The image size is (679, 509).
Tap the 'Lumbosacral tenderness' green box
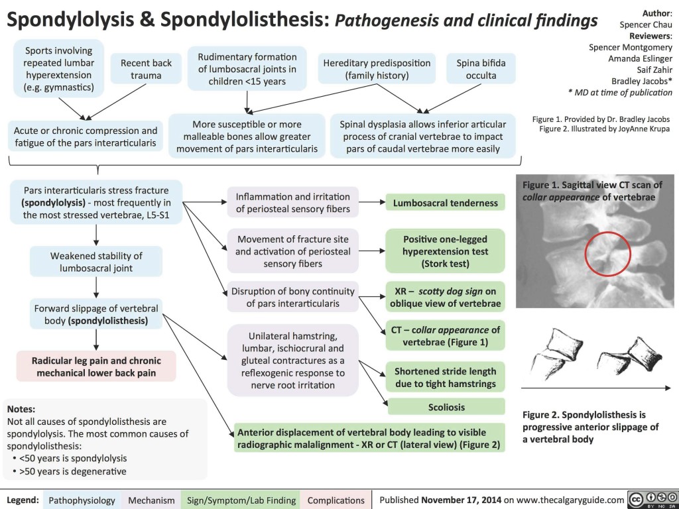(x=445, y=203)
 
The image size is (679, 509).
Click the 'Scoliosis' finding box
(x=446, y=407)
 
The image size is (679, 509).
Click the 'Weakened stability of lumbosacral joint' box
(x=96, y=262)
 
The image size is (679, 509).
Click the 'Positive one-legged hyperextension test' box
(x=445, y=252)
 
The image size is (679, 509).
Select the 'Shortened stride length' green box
(x=445, y=377)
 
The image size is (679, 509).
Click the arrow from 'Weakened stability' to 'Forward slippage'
(x=97, y=286)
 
